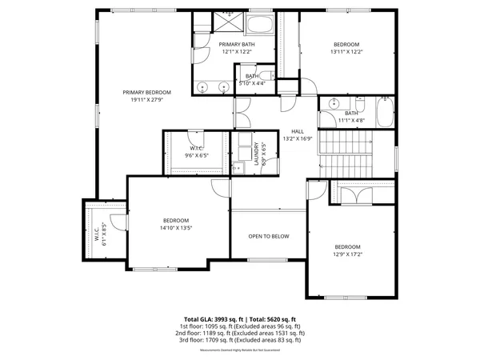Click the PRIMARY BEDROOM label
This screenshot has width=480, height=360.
[146, 92]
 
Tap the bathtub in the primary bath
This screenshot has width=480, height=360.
[260, 24]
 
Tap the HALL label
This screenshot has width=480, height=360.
[297, 131]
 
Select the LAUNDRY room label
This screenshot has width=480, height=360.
[257, 154]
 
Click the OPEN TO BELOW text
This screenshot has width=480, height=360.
[268, 236]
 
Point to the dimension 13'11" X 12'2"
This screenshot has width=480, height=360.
[346, 51]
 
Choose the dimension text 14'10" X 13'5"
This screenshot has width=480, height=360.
[176, 227]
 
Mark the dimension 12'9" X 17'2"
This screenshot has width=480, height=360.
[348, 254]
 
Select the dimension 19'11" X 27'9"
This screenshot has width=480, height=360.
[146, 99]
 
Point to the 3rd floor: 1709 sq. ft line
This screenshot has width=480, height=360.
[240, 339]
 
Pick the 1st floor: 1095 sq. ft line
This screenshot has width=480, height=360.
[240, 326]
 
